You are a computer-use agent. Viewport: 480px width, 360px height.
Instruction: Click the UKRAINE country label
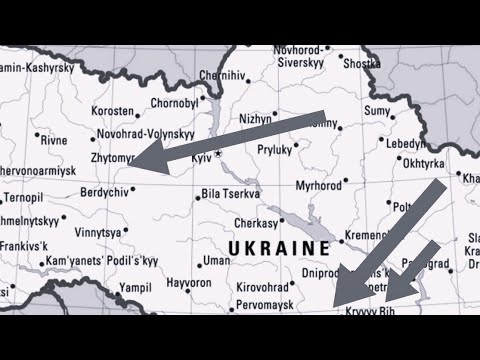(279, 247)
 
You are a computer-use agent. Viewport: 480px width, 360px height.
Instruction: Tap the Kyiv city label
(201, 158)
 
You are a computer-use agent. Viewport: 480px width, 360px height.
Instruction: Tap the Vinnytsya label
(100, 232)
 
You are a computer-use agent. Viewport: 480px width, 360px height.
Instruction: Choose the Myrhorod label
(319, 185)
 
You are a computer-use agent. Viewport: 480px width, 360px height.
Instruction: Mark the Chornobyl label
(175, 102)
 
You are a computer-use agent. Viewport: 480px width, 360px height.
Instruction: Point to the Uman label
(216, 260)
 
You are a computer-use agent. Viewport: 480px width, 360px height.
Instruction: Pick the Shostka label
(361, 63)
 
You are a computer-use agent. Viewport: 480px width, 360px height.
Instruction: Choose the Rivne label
(54, 140)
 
